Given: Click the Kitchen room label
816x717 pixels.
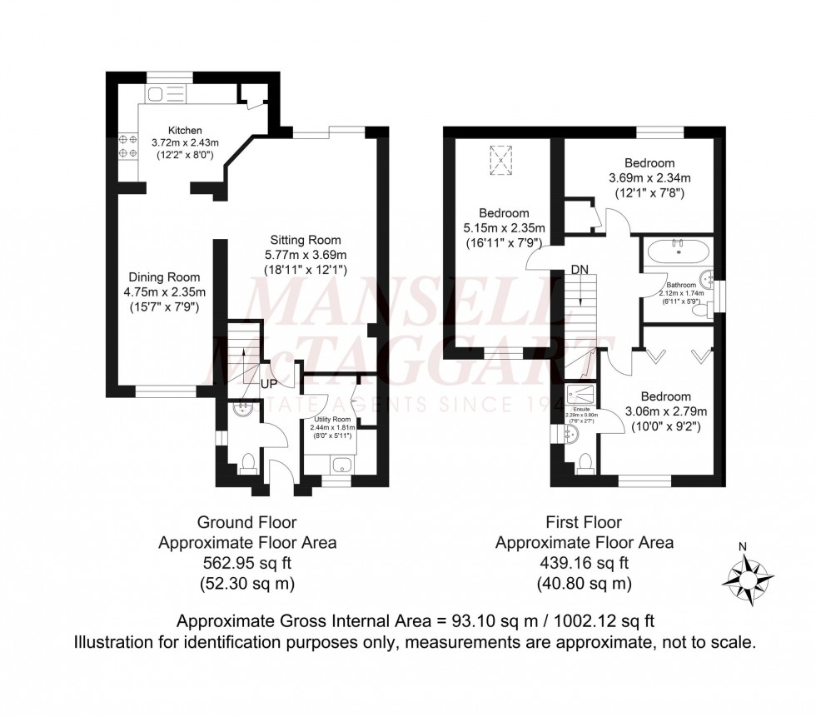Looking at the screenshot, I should click(x=185, y=131).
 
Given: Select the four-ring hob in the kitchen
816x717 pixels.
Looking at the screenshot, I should click(x=127, y=147).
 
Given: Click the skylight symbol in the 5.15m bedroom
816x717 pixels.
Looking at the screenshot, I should click(x=501, y=160).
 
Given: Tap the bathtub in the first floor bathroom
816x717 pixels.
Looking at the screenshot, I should click(x=680, y=247).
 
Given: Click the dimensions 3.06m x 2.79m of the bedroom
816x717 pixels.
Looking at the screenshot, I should click(x=666, y=411).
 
